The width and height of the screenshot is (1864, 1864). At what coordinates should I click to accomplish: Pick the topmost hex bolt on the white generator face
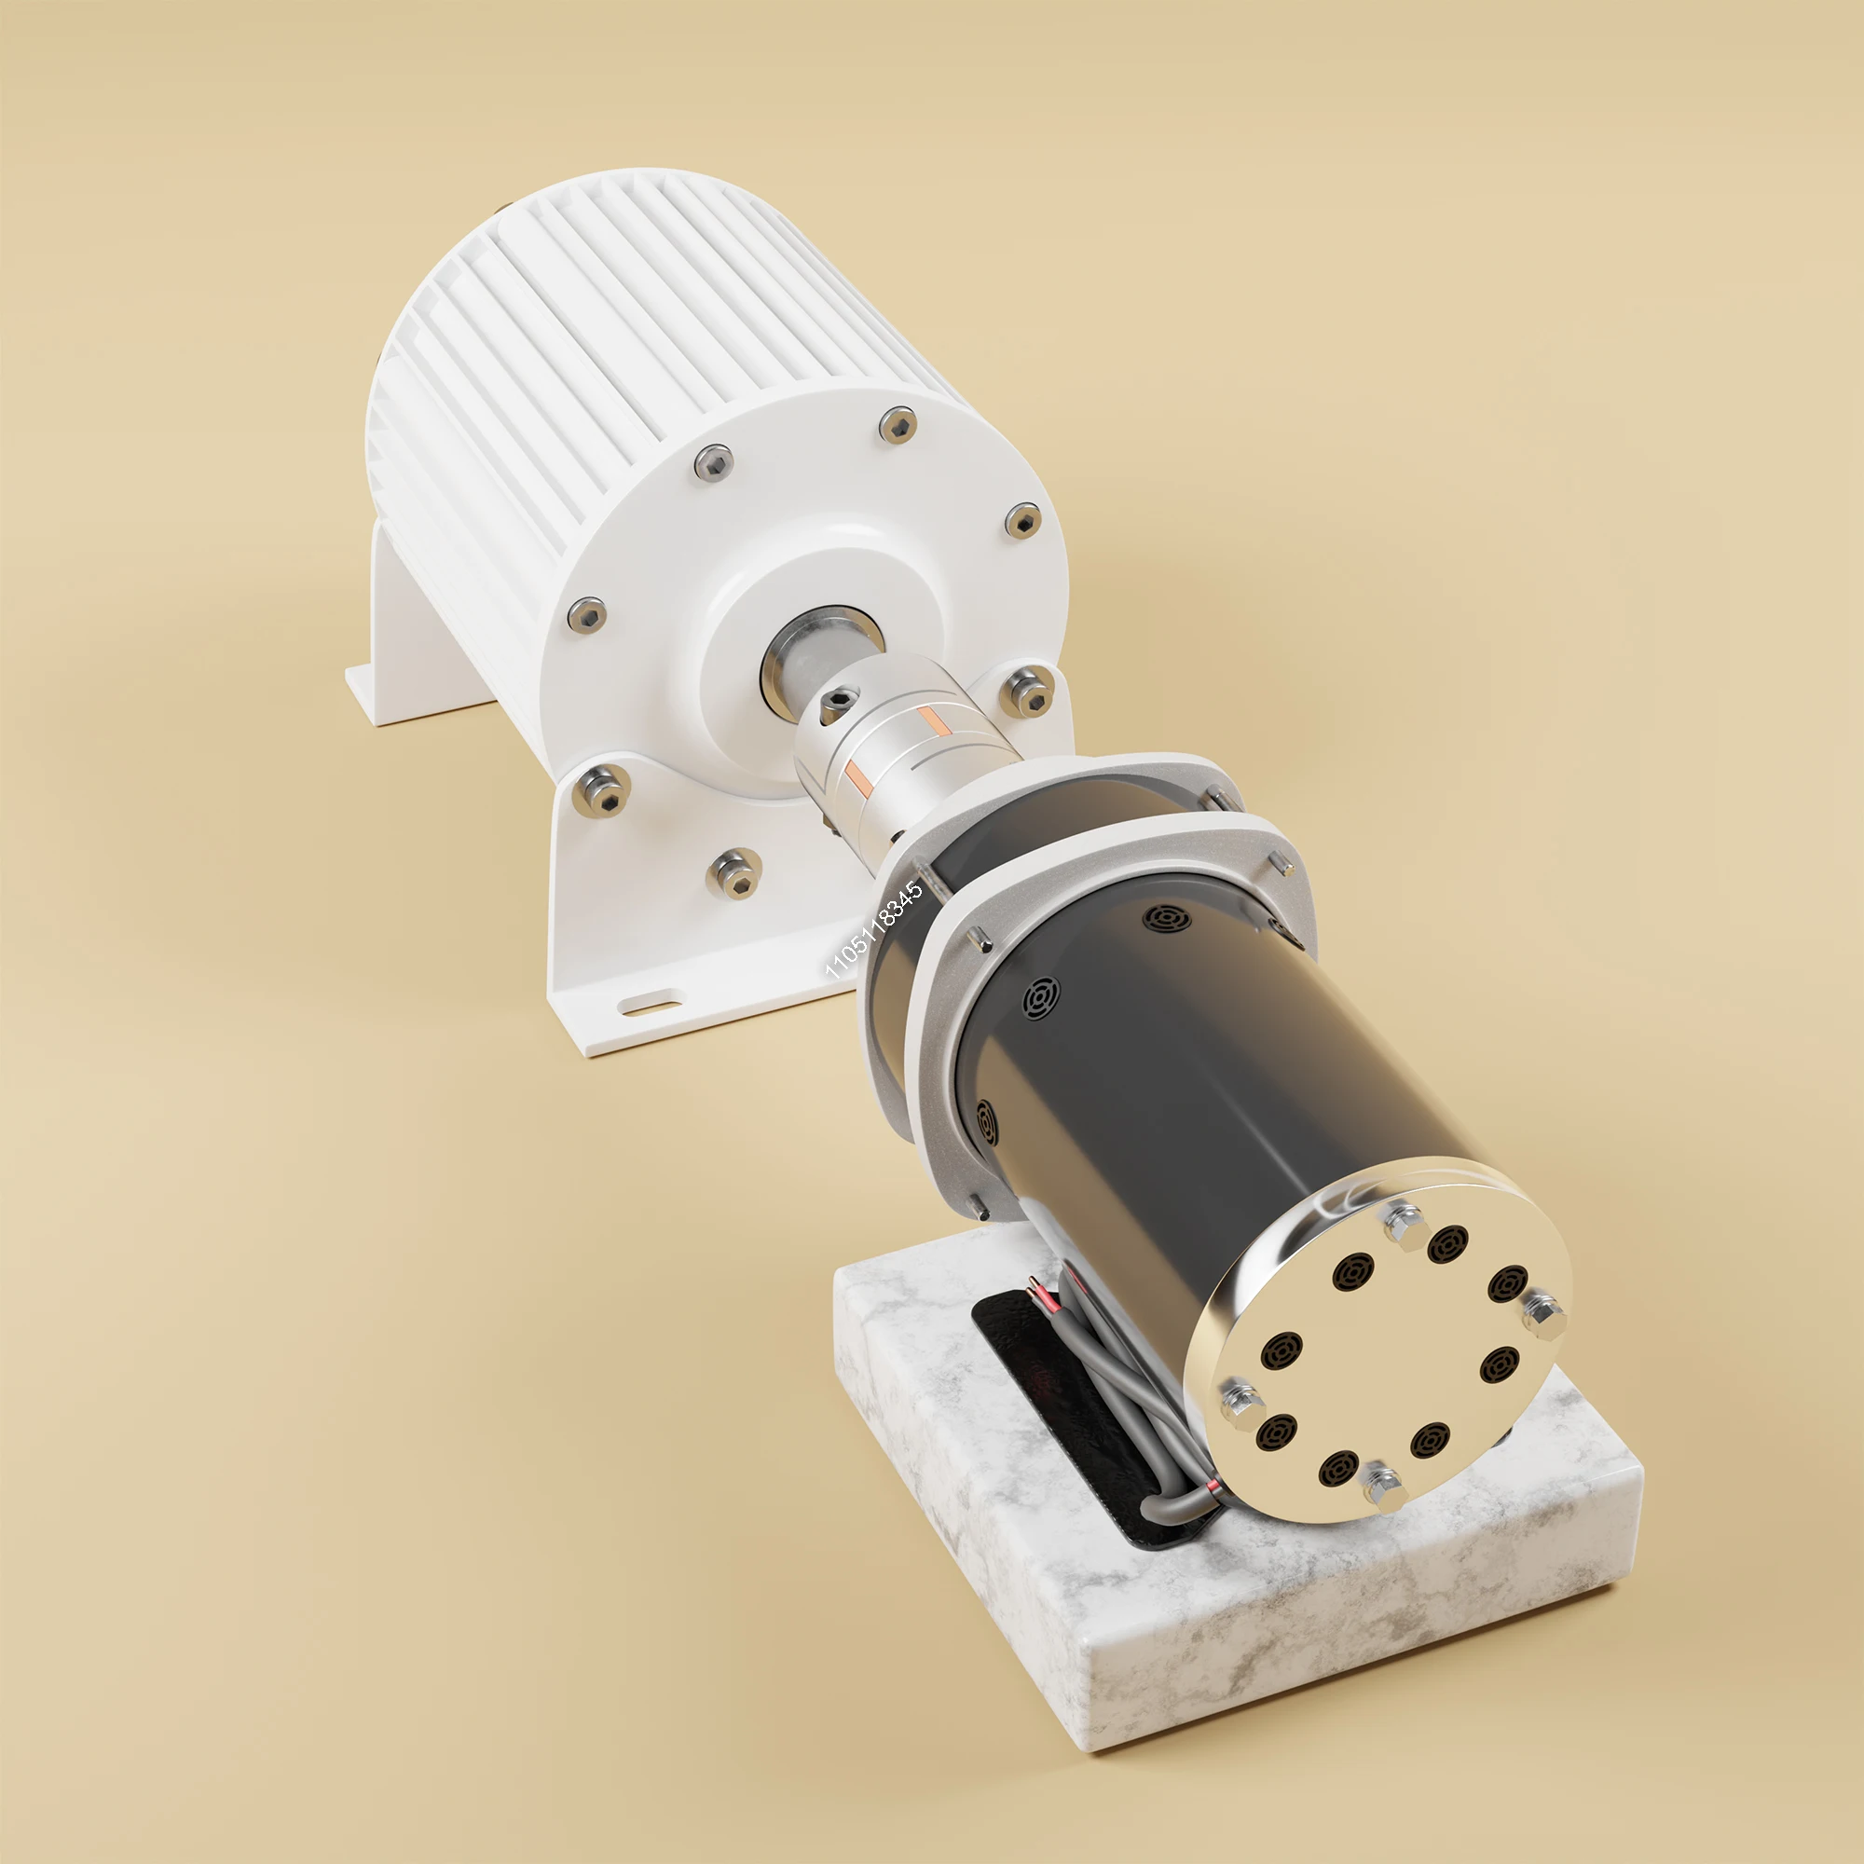pyautogui.click(x=898, y=424)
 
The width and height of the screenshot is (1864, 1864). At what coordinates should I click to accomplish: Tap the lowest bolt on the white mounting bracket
pyautogui.click(x=736, y=872)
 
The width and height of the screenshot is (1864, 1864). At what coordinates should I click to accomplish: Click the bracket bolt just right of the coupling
pyautogui.click(x=1026, y=692)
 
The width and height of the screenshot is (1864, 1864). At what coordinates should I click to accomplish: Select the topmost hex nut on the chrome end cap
pyautogui.click(x=1404, y=1225)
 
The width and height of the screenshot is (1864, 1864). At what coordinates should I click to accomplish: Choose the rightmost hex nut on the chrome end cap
pyautogui.click(x=1544, y=1315)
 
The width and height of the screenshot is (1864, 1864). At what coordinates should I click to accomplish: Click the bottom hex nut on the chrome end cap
pyautogui.click(x=1383, y=1487)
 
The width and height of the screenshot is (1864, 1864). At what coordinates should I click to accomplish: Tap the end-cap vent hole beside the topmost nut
pyautogui.click(x=1447, y=1244)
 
